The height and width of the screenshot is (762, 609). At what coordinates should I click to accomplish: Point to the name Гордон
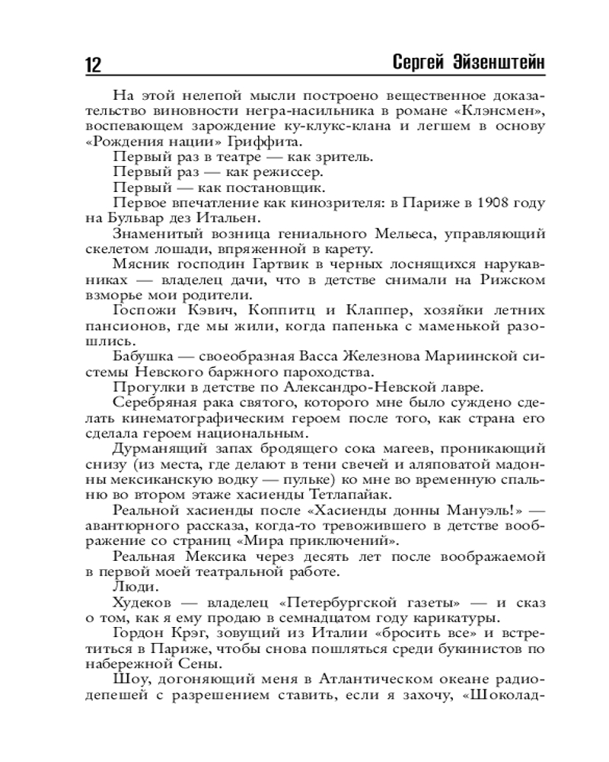pyautogui.click(x=139, y=635)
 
